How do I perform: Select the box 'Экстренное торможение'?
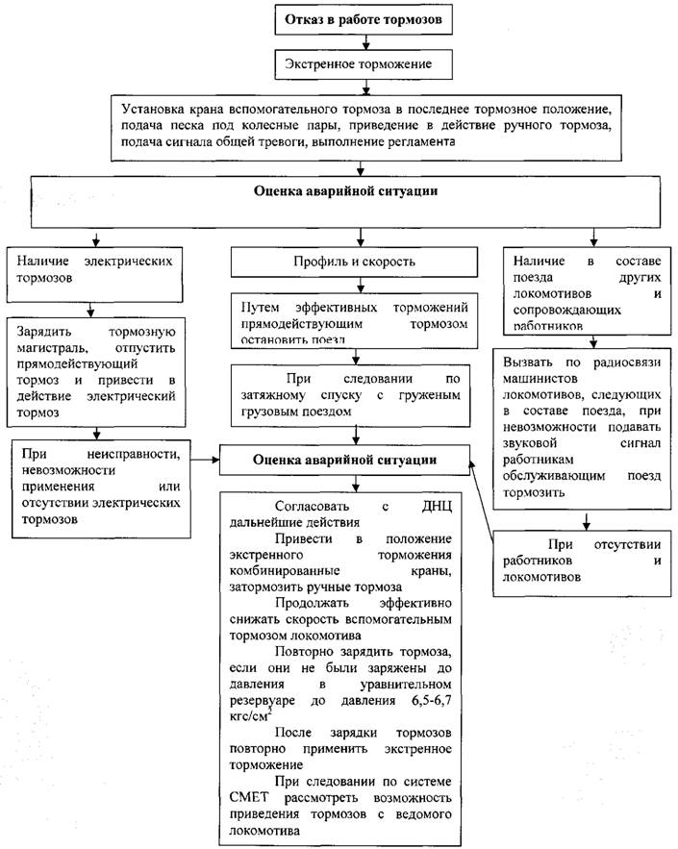tap(358, 64)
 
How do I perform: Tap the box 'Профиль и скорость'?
tap(359, 262)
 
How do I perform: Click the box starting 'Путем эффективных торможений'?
tap(359, 316)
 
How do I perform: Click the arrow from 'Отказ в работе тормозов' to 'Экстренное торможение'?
tap(358, 42)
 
